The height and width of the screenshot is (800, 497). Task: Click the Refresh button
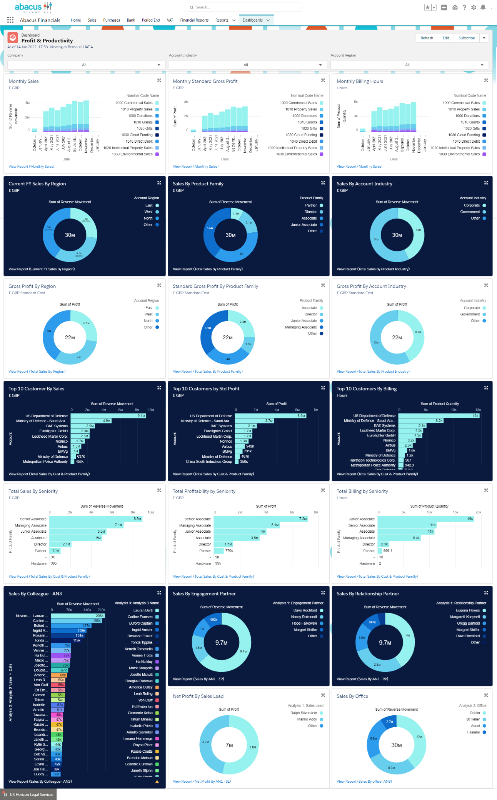[427, 38]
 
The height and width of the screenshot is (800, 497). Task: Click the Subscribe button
[466, 38]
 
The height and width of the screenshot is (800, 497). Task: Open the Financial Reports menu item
[194, 20]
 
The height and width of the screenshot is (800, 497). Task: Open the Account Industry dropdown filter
[246, 65]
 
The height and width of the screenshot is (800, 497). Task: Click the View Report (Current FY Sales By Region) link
[42, 269]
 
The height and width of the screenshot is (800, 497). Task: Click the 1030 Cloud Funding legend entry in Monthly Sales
[137, 135]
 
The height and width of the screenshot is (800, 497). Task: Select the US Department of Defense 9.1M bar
[108, 416]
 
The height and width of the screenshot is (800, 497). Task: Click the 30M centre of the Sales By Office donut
[397, 745]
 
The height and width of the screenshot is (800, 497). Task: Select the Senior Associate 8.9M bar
[96, 519]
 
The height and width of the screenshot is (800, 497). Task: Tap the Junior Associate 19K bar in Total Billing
[426, 519]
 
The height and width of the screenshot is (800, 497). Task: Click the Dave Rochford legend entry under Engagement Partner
[305, 610]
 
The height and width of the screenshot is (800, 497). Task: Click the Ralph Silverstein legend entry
[304, 713]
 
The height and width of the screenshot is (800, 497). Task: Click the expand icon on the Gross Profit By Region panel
[159, 285]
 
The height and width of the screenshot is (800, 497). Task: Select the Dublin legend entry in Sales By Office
[475, 713]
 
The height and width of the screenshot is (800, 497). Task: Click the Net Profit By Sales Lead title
[198, 696]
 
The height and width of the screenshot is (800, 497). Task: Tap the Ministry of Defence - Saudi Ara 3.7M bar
[254, 421]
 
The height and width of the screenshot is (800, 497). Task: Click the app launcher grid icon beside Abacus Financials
[10, 20]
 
